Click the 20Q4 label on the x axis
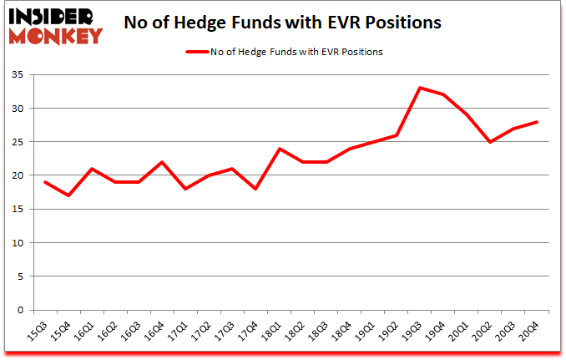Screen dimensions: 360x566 [528, 332]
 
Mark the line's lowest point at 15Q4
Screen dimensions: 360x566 [68, 195]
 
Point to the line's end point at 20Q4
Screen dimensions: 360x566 [536, 122]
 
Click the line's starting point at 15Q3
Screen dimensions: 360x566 [45, 182]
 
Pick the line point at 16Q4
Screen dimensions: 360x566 [162, 162]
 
